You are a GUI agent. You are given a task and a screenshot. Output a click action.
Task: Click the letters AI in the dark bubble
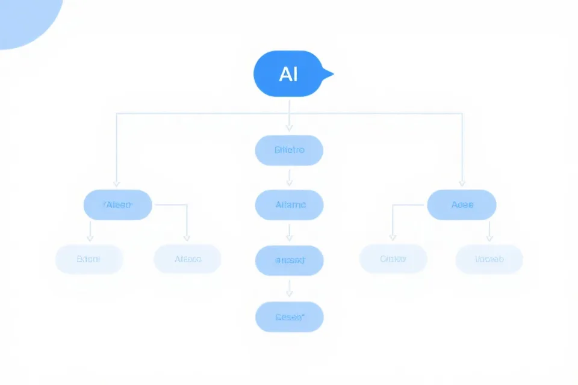pyautogui.click(x=288, y=74)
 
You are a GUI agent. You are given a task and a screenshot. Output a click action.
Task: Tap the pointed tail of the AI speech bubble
pyautogui.click(x=328, y=74)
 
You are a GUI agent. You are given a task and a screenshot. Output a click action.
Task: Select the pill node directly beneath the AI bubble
pyautogui.click(x=289, y=150)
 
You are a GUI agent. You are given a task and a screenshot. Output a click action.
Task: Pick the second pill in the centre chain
pyautogui.click(x=289, y=205)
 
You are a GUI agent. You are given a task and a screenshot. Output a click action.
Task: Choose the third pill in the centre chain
pyautogui.click(x=289, y=260)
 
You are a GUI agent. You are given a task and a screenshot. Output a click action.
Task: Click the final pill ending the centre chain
pyautogui.click(x=289, y=316)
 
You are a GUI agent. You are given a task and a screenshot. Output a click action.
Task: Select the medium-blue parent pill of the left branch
pyautogui.click(x=117, y=205)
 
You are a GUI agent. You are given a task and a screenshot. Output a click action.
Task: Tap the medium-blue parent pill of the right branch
pyautogui.click(x=462, y=205)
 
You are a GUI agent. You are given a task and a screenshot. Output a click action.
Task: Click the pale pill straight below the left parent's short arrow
pyautogui.click(x=89, y=259)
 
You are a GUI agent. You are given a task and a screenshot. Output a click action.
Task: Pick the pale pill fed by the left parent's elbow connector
pyautogui.click(x=187, y=259)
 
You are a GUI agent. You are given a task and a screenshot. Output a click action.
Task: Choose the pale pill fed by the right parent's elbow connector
pyautogui.click(x=393, y=259)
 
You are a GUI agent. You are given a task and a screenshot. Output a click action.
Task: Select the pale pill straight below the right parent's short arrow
pyautogui.click(x=489, y=259)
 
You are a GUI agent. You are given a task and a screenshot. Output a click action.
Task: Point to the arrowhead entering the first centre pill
pyautogui.click(x=289, y=128)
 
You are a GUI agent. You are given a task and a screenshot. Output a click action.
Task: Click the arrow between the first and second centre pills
pyautogui.click(x=289, y=179)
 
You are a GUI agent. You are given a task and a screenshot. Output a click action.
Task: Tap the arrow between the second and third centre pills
pyautogui.click(x=289, y=233)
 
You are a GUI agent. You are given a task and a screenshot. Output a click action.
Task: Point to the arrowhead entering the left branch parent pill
pyautogui.click(x=117, y=183)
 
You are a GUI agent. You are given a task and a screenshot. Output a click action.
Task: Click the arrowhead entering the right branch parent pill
pyautogui.click(x=462, y=183)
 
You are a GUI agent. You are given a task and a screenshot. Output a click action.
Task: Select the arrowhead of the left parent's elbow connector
pyautogui.click(x=187, y=238)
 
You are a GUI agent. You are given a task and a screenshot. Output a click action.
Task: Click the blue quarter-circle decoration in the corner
pyautogui.click(x=24, y=18)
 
